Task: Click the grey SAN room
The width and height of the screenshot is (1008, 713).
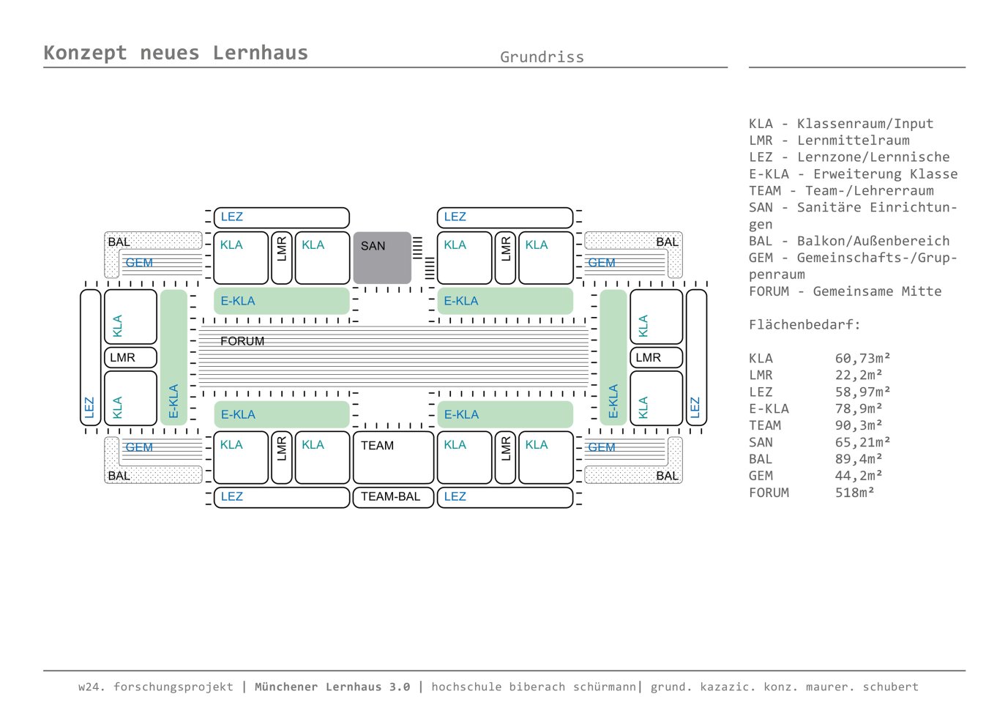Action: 382,258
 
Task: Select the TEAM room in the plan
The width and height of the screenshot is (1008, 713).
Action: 393,457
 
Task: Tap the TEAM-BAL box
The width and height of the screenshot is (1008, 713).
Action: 393,496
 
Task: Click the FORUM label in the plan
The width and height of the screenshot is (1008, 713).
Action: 242,341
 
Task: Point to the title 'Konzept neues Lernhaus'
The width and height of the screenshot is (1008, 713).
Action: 176,53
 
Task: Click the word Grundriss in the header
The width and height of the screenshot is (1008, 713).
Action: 542,57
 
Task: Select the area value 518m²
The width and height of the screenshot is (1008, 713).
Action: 854,493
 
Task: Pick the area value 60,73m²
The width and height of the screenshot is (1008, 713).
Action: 862,358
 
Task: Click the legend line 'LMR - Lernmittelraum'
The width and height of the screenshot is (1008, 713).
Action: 829,141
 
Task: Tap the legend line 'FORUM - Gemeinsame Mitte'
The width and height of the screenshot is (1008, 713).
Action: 845,291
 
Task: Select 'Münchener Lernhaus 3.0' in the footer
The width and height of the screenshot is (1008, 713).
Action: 332,687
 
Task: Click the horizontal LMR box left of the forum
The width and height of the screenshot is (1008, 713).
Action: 130,357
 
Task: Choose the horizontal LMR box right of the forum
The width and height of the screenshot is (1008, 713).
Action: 656,357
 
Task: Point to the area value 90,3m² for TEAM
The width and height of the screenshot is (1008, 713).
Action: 858,425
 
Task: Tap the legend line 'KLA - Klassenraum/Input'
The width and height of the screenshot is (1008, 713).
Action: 840,124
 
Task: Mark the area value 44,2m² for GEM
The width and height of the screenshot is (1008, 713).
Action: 858,476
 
